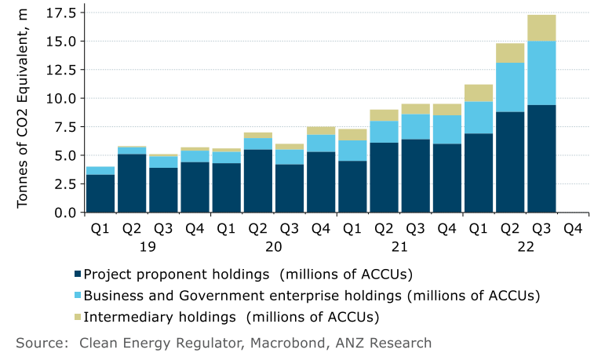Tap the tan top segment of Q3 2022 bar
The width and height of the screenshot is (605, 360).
tap(541, 27)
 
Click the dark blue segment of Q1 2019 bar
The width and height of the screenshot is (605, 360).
tap(100, 193)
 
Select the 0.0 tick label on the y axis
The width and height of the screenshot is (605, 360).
tap(64, 213)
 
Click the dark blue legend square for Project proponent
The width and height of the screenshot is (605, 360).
tap(77, 275)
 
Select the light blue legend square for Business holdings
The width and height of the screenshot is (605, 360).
tap(77, 296)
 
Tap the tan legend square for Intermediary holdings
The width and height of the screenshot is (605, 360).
tap(77, 317)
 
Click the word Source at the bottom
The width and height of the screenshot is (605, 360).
tap(39, 343)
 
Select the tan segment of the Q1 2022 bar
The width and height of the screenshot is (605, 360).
tap(479, 93)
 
